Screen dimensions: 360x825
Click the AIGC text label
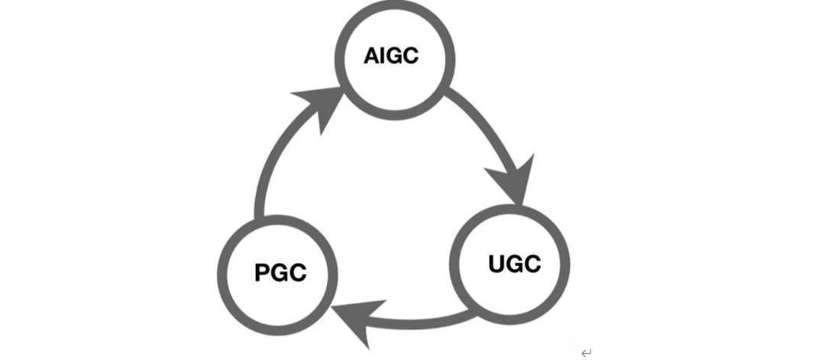click(x=391, y=57)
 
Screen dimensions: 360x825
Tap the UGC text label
click(x=514, y=264)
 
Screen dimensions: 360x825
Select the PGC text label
click(x=280, y=273)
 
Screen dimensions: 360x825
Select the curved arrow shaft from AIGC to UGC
click(x=481, y=122)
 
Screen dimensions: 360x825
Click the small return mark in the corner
click(x=586, y=352)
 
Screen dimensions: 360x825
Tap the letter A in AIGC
click(x=372, y=57)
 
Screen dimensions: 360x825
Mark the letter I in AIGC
click(x=383, y=57)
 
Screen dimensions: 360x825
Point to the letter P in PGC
click(x=262, y=273)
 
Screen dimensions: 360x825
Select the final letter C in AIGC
click(x=409, y=57)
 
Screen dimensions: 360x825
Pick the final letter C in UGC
click(x=532, y=264)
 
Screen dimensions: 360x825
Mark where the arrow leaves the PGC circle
click(x=258, y=217)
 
